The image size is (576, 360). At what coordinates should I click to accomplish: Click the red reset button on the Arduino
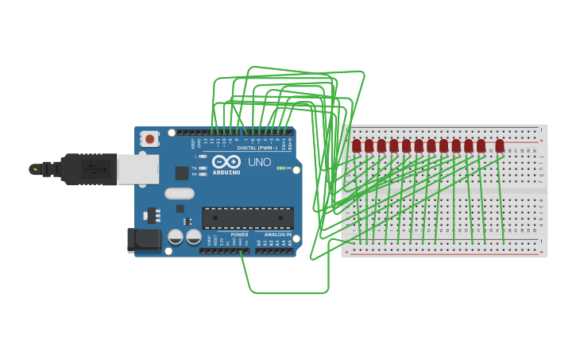pos(150,139)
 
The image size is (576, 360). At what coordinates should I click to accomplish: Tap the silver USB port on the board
pos(137,168)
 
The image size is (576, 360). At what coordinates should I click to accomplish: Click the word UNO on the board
pos(259,162)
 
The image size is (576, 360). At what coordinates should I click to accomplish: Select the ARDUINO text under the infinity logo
pos(226,172)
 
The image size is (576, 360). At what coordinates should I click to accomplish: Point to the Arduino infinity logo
pos(226,161)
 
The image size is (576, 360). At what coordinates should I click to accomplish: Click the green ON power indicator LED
pos(280,168)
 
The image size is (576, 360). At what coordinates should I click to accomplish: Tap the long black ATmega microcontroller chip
pos(247,218)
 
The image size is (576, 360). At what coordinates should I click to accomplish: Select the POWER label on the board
pos(239,234)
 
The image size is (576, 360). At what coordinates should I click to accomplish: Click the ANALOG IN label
pos(277,234)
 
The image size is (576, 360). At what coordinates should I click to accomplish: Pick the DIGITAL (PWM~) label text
pos(257,148)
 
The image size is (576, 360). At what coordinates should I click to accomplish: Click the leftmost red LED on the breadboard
pos(357,146)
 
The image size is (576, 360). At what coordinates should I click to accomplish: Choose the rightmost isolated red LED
pos(500,146)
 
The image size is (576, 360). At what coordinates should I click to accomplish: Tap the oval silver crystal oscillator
pos(180,193)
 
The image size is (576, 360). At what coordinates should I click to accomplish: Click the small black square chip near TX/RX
pos(182,172)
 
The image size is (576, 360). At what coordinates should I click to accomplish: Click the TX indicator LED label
pos(195,168)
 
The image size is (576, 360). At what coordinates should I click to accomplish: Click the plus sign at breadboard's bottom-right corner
pos(541,248)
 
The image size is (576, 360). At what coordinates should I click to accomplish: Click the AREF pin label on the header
pos(193,144)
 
